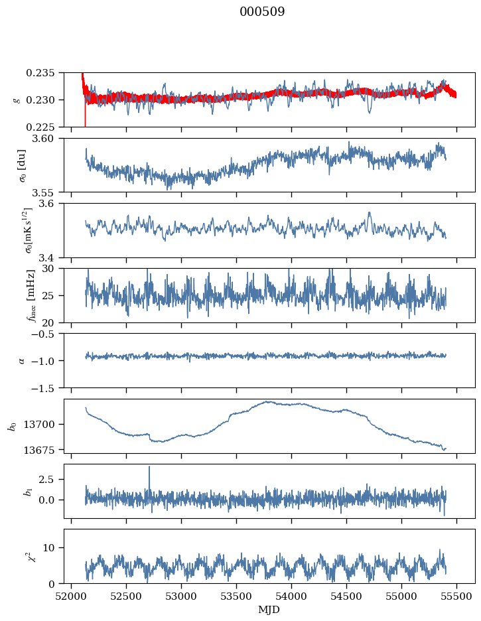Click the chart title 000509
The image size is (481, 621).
point(262,12)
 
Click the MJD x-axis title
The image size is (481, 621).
point(269,610)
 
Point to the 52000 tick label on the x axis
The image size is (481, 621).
point(72,595)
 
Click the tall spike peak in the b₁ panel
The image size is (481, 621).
point(149,466)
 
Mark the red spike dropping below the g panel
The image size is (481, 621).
point(86,124)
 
